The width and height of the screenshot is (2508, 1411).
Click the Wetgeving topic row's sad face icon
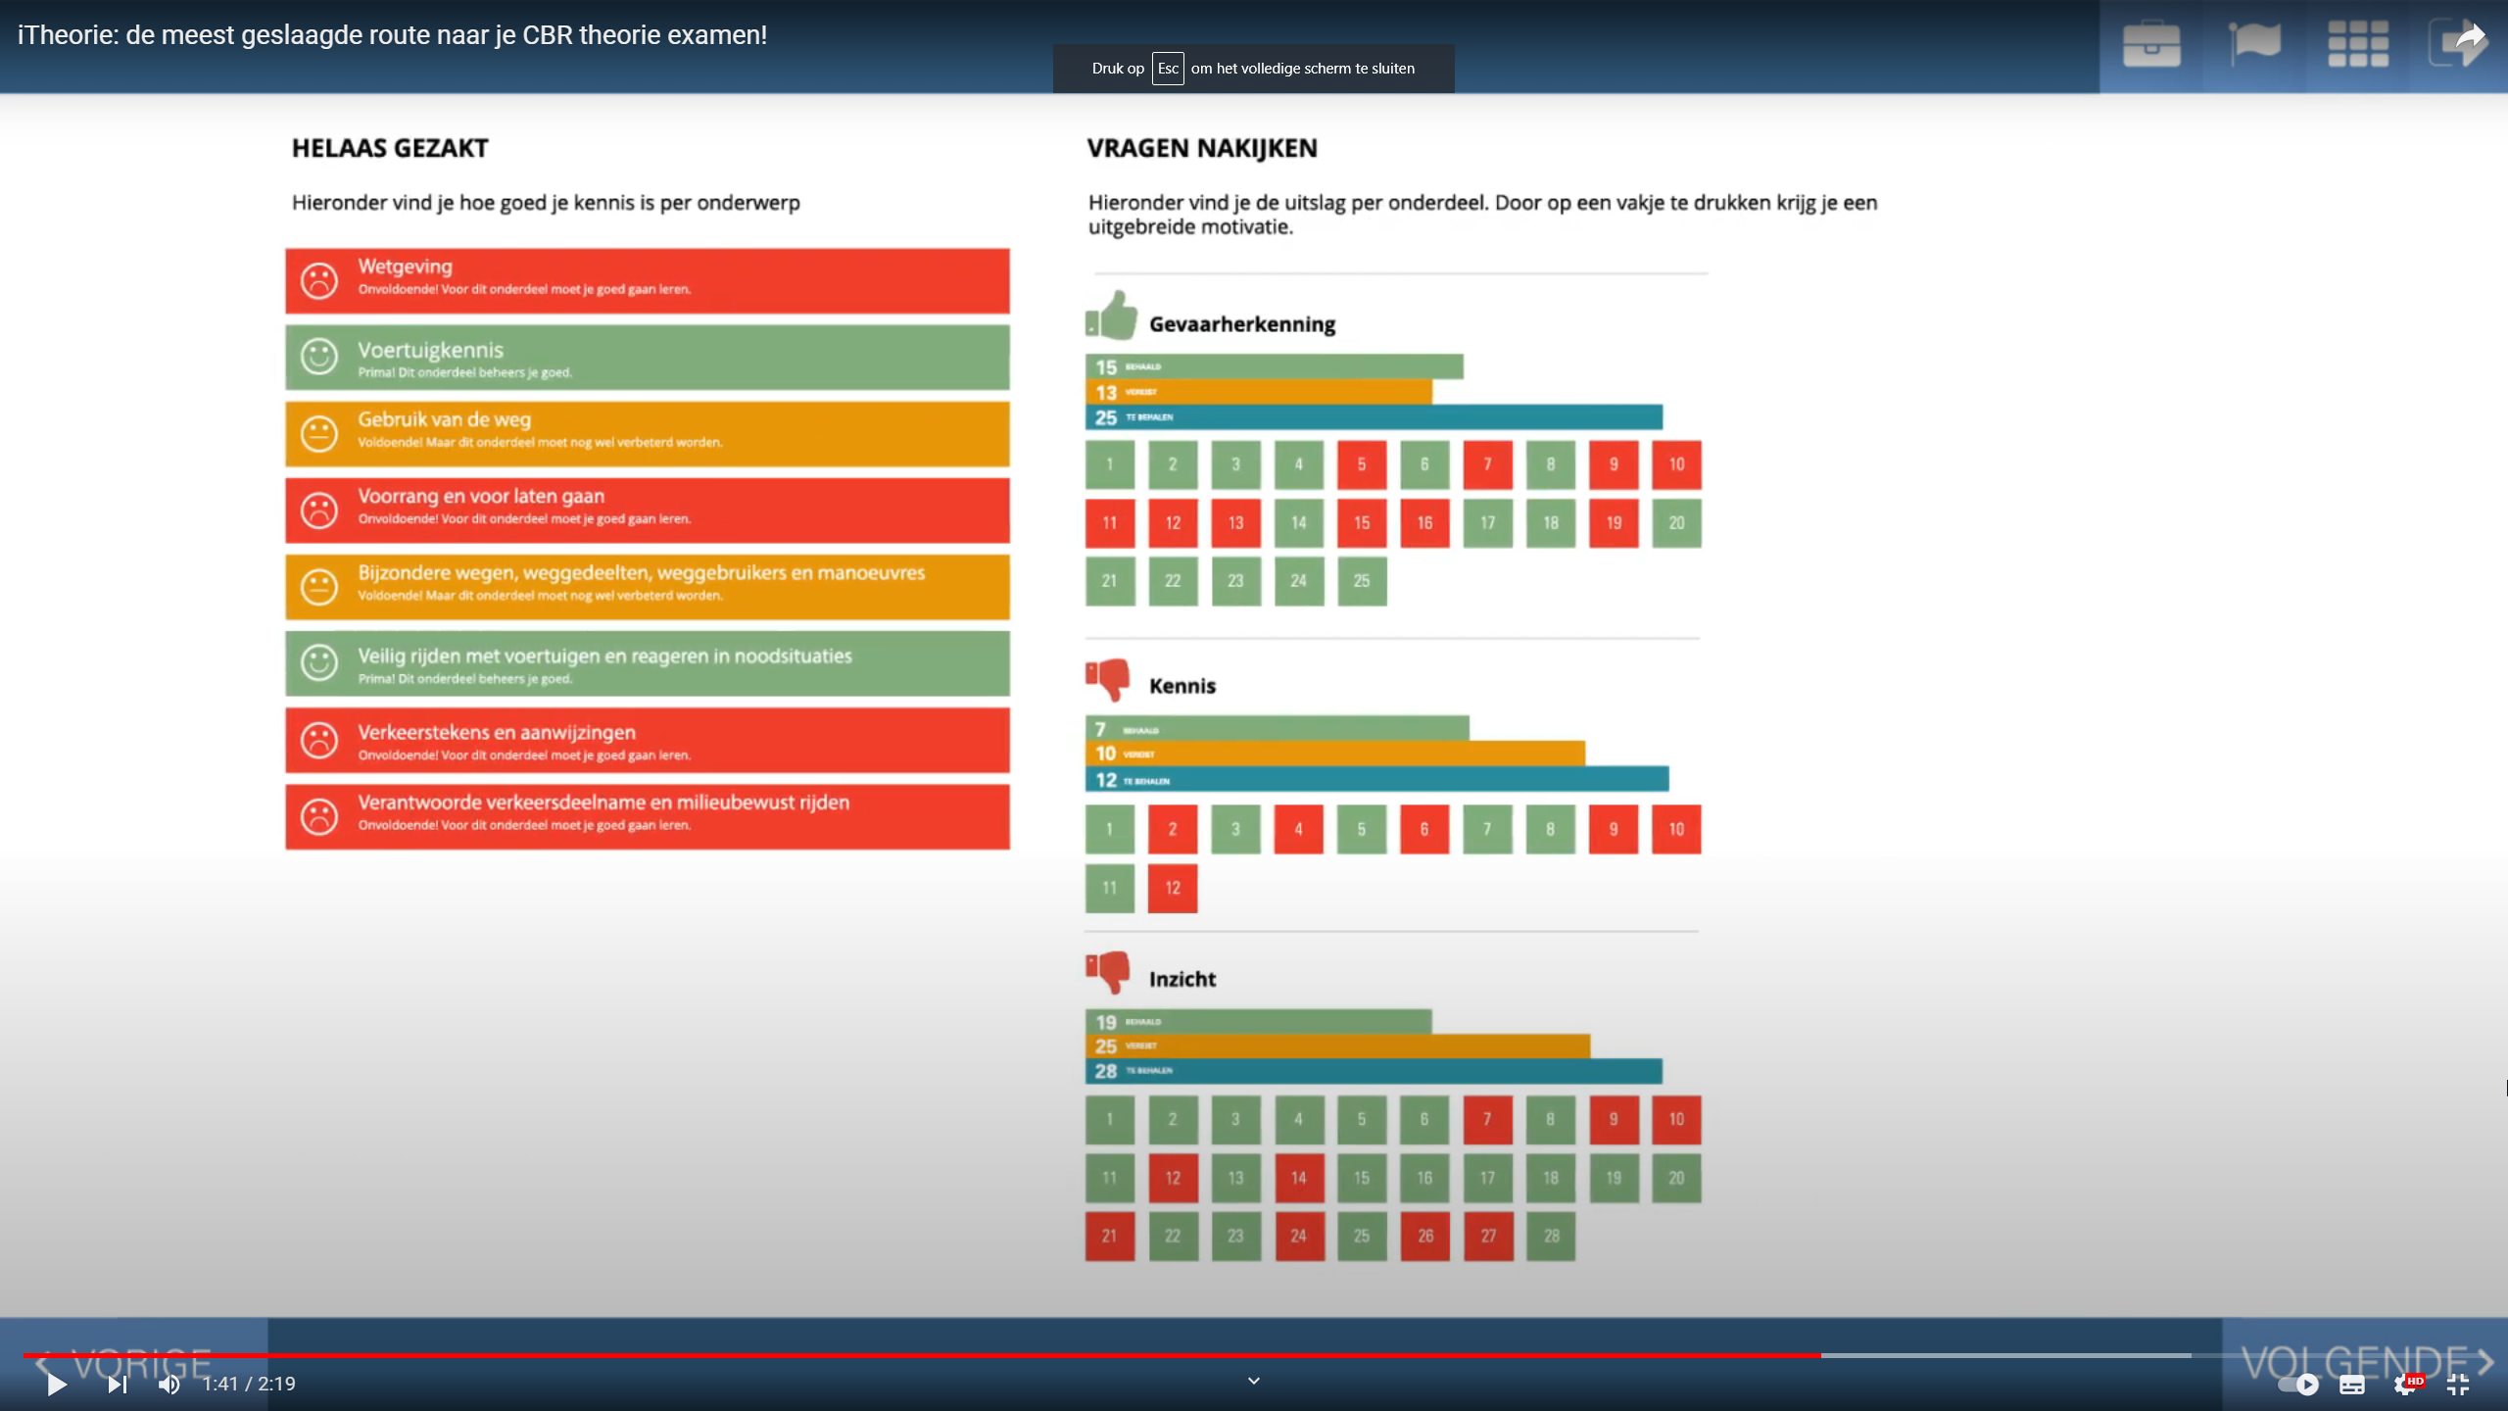pyautogui.click(x=318, y=281)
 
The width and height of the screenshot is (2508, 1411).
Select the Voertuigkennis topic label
pyautogui.click(x=430, y=350)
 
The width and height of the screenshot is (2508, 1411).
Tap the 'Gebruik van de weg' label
pyautogui.click(x=444, y=419)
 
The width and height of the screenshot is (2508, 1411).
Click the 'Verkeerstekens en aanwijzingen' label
pyautogui.click(x=496, y=732)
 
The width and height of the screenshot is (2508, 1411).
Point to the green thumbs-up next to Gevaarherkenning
pyautogui.click(x=1111, y=316)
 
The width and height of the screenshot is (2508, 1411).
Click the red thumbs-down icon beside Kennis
pyautogui.click(x=1108, y=679)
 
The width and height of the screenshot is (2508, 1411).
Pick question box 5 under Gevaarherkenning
pyautogui.click(x=1361, y=464)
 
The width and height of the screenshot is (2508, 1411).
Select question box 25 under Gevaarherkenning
pyautogui.click(x=1361, y=581)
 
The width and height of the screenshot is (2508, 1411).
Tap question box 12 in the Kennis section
pyautogui.click(x=1172, y=888)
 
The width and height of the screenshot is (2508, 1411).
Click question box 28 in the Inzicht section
pyautogui.click(x=1551, y=1236)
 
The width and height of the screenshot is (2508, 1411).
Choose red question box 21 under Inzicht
pyautogui.click(x=1109, y=1236)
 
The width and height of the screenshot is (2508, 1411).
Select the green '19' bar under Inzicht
pyautogui.click(x=1258, y=1022)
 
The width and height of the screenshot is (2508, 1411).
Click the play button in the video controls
pyautogui.click(x=56, y=1384)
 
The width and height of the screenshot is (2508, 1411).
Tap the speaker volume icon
pyautogui.click(x=169, y=1384)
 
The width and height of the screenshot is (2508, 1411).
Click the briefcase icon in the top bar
pyautogui.click(x=2150, y=45)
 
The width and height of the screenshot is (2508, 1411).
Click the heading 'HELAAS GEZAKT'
pyautogui.click(x=390, y=148)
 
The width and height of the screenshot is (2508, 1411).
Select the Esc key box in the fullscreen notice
pyautogui.click(x=1167, y=69)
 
